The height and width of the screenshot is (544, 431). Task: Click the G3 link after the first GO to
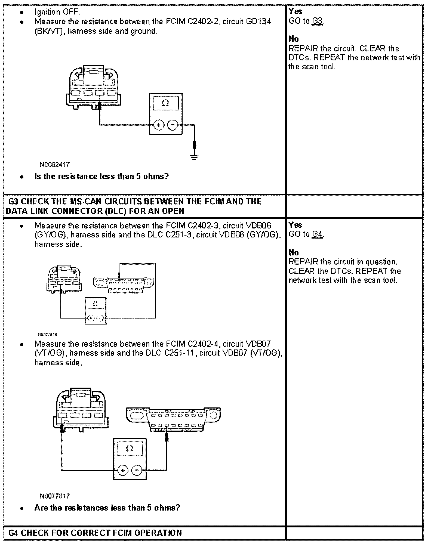[x=317, y=21]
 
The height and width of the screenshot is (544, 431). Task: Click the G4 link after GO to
[x=317, y=234]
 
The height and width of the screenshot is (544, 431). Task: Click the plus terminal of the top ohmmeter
[x=159, y=125]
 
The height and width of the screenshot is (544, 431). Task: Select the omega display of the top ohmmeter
[x=165, y=103]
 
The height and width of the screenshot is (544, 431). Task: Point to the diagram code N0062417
[x=54, y=165]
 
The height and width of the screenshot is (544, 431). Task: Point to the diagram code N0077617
[x=54, y=496]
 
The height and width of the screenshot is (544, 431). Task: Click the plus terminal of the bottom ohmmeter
[x=123, y=470]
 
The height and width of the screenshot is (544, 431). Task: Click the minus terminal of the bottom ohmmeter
[x=137, y=470]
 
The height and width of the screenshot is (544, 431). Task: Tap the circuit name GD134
[x=258, y=21]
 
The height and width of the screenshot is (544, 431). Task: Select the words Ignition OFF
[x=57, y=12]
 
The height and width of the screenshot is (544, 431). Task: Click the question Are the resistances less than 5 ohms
[x=107, y=508]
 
